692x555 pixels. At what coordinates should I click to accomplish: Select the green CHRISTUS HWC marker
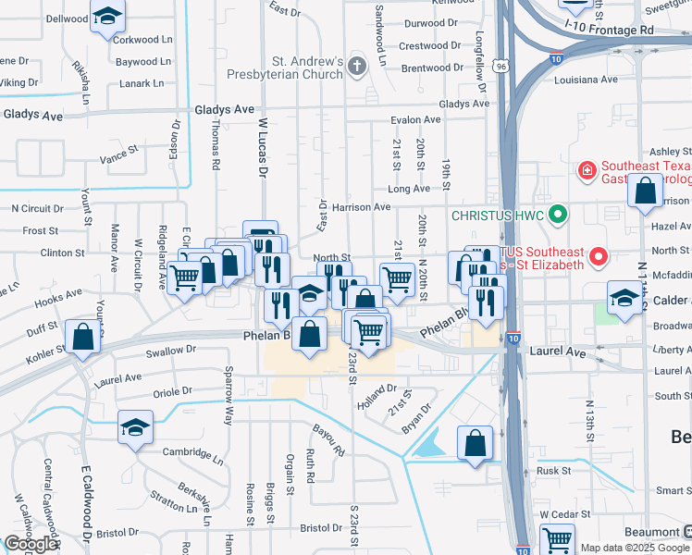pyautogui.click(x=556, y=216)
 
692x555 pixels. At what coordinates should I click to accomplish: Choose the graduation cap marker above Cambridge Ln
pyautogui.click(x=135, y=428)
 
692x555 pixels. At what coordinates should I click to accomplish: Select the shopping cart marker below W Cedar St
pyautogui.click(x=557, y=539)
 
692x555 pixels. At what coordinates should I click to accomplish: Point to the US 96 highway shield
pyautogui.click(x=500, y=67)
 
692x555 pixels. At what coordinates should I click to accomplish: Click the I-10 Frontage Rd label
pyautogui.click(x=608, y=31)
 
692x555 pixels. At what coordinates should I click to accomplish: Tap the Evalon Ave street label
pyautogui.click(x=415, y=119)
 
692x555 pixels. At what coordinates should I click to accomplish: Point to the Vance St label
pyautogui.click(x=118, y=154)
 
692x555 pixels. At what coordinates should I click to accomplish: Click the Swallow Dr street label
pyautogui.click(x=171, y=351)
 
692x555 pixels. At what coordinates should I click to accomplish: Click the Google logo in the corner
pyautogui.click(x=31, y=544)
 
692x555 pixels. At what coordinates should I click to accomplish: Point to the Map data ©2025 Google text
pyautogui.click(x=636, y=548)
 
